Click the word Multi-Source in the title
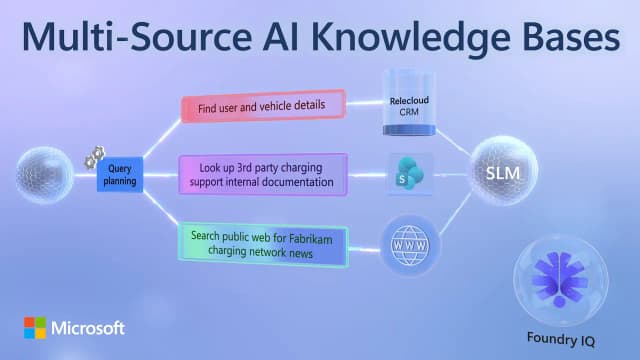pyautogui.click(x=138, y=38)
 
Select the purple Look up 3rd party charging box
pyautogui.click(x=264, y=173)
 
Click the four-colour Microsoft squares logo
pyautogui.click(x=35, y=328)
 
